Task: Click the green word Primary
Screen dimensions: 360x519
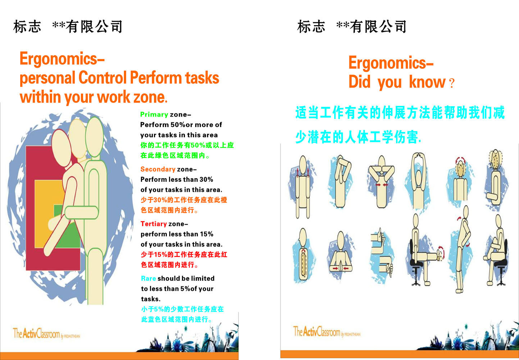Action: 154,114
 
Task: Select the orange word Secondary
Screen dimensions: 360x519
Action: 158,169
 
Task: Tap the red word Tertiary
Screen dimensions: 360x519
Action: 154,224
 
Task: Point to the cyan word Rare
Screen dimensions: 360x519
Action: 149,278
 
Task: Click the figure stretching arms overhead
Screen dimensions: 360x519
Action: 418,180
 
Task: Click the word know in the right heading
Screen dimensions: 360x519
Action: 427,82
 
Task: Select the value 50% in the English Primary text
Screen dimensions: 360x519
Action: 178,125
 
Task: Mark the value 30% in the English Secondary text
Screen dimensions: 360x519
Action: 206,179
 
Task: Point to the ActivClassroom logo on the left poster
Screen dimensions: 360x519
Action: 46,334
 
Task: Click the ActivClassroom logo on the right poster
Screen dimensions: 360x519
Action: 326,332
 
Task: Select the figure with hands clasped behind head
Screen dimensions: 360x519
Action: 381,182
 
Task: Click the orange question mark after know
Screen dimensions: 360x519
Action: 452,84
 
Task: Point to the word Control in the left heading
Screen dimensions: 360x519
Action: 103,78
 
